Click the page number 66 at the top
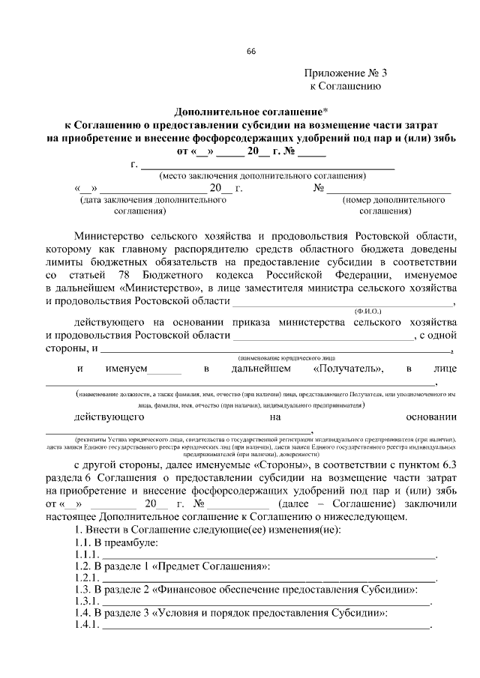(x=251, y=52)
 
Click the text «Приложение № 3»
(x=346, y=73)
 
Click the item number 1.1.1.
(x=86, y=554)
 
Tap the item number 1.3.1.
(x=86, y=602)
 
